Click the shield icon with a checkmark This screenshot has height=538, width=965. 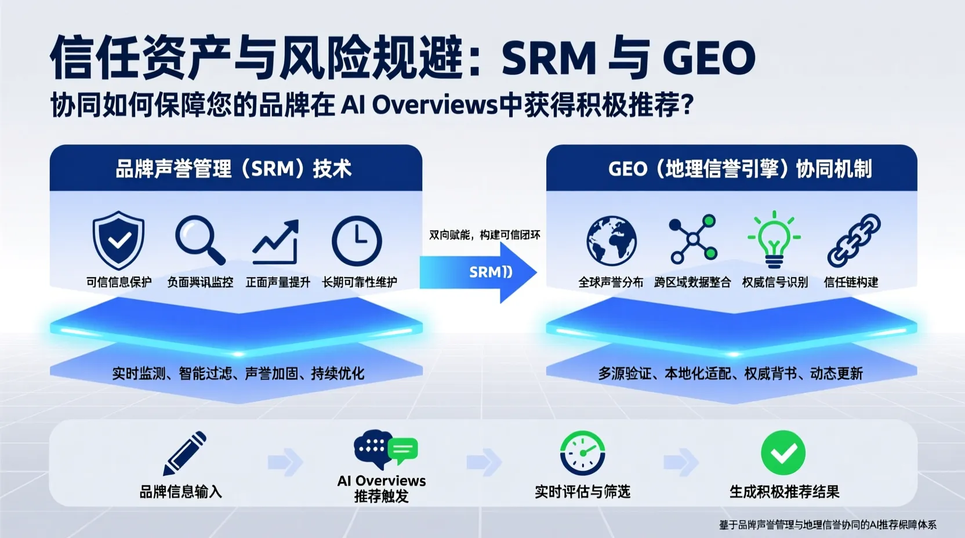coord(119,240)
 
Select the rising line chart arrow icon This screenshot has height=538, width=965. coord(277,242)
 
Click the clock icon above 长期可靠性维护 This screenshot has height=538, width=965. coord(357,241)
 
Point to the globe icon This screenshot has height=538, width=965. coord(611,241)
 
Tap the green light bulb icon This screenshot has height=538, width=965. coord(774,239)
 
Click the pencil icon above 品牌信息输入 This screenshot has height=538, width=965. coord(184,453)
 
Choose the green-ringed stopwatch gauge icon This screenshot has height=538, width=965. coord(582,453)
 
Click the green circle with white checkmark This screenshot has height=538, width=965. coord(783,453)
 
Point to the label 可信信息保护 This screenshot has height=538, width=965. coord(119,282)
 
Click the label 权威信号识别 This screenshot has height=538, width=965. coord(775,282)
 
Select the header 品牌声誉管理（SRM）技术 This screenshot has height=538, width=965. coord(234,169)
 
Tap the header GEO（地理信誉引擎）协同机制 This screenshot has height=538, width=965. coord(739,169)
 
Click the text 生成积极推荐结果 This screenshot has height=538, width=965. coord(784,492)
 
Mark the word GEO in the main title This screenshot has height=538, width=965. coord(708,59)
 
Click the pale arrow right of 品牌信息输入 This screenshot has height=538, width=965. coord(286,462)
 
